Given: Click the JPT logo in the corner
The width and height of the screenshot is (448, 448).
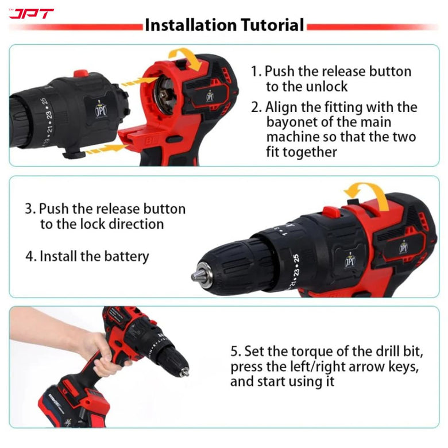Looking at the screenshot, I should pyautogui.click(x=31, y=13).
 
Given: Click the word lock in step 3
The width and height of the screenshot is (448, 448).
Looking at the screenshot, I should pyautogui.click(x=85, y=224).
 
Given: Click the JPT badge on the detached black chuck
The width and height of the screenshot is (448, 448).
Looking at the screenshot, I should pyautogui.click(x=101, y=107).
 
